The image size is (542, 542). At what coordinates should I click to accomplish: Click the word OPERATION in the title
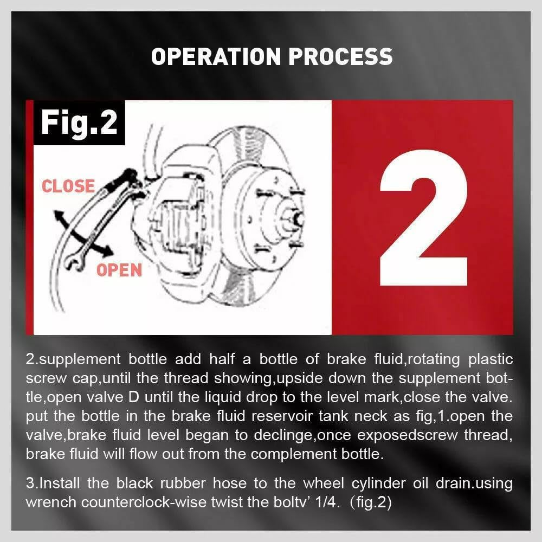216,56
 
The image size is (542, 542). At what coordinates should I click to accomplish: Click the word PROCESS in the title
340,56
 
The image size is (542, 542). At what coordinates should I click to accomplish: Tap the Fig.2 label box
79,122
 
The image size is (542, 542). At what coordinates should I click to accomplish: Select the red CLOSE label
68,186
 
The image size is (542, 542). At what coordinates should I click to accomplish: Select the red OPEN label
119,270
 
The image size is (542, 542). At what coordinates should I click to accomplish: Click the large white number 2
424,218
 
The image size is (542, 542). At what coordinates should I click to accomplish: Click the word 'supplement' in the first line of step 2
80,360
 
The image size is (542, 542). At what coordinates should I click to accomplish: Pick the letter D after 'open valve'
133,397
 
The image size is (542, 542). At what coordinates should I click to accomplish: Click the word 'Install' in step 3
60,483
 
